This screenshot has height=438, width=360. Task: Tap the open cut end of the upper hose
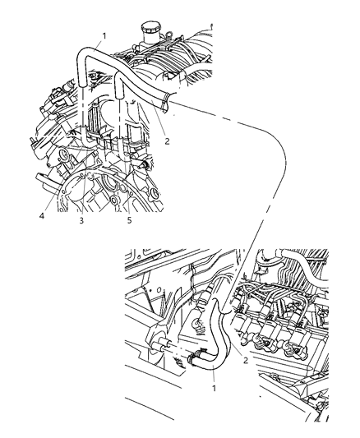coord(168,103)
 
